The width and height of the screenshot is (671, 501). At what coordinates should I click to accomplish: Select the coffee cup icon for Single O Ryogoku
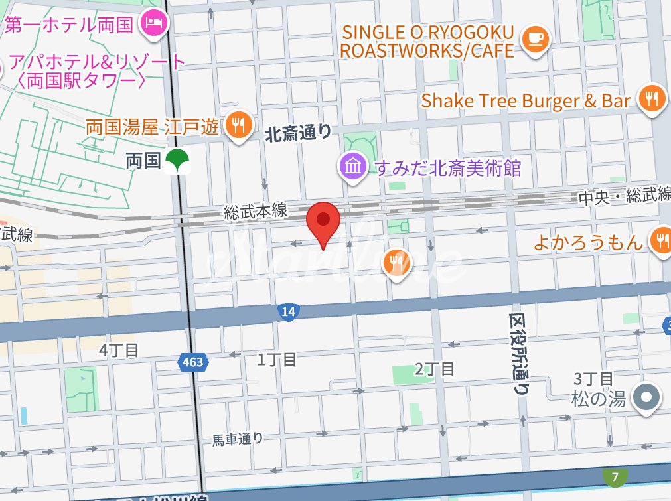534,39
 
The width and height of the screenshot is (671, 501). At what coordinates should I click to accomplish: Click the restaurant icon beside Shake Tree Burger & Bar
653,100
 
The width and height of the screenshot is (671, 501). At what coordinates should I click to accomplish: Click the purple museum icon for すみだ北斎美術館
353,166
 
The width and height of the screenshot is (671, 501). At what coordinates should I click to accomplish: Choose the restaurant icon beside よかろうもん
661,240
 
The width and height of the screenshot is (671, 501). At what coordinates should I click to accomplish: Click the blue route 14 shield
287,313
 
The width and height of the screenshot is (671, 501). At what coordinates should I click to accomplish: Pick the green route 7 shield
615,476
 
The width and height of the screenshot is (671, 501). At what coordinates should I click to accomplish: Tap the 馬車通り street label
238,439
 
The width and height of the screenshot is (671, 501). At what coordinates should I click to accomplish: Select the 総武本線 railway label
256,212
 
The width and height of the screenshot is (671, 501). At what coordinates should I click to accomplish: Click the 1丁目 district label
277,360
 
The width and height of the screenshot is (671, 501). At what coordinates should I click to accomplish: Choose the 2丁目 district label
435,368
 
